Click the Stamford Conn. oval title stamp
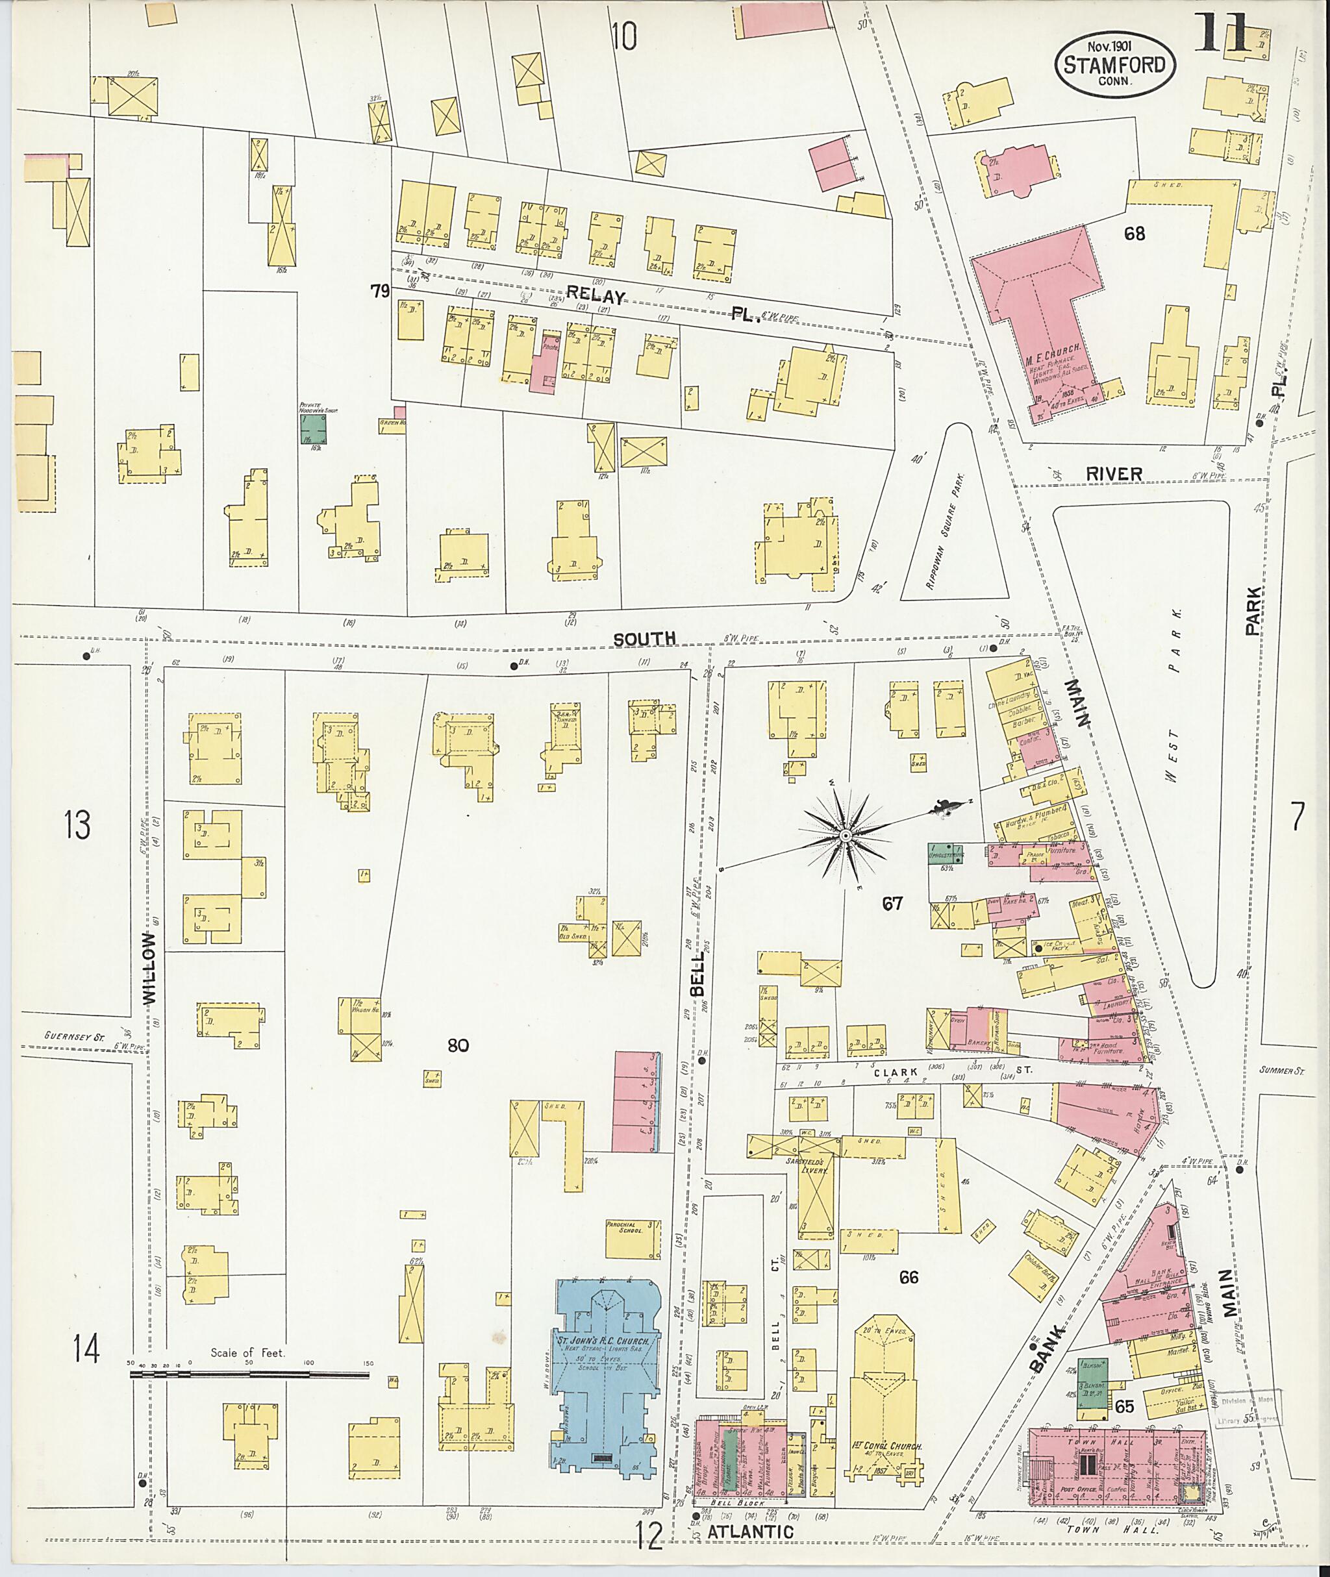(x=1114, y=65)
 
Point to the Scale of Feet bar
(x=249, y=1375)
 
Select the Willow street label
(x=150, y=968)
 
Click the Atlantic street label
(x=749, y=1531)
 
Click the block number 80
(x=458, y=1045)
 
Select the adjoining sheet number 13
(x=78, y=824)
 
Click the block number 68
(x=1134, y=234)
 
